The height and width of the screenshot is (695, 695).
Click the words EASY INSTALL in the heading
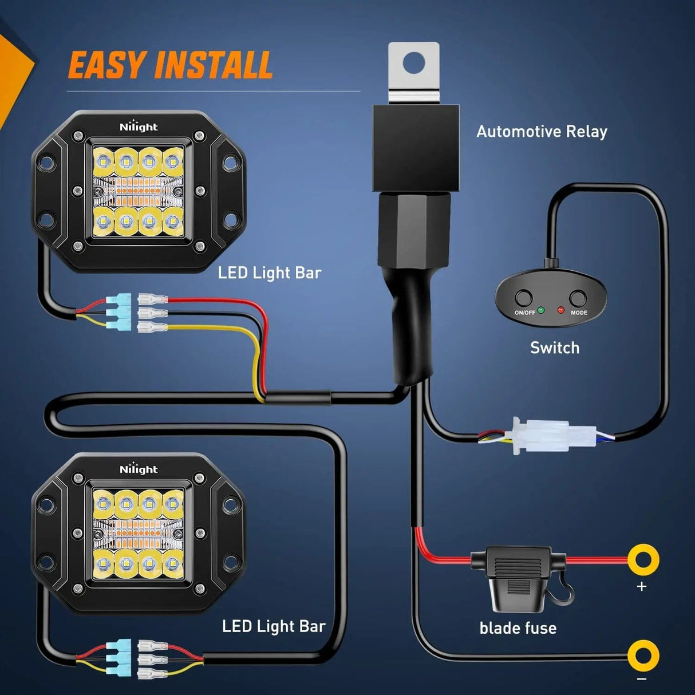(170, 65)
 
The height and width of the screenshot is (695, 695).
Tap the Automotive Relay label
(542, 132)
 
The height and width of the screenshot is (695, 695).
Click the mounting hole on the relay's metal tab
(413, 62)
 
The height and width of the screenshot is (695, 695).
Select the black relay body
(416, 148)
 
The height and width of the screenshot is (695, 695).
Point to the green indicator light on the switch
(541, 310)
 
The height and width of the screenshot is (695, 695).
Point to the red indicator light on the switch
(560, 310)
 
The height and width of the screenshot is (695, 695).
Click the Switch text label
(554, 348)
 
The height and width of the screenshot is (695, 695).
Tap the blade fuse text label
(518, 628)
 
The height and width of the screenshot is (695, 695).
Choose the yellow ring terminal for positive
(643, 559)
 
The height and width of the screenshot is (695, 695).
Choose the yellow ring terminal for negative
(643, 655)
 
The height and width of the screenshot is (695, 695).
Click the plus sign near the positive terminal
(641, 586)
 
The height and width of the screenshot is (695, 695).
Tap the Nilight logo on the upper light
(138, 127)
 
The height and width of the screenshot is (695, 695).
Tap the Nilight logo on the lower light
(138, 469)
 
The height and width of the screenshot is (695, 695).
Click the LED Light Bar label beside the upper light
(269, 273)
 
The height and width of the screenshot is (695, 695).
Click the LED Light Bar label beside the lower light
(273, 626)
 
